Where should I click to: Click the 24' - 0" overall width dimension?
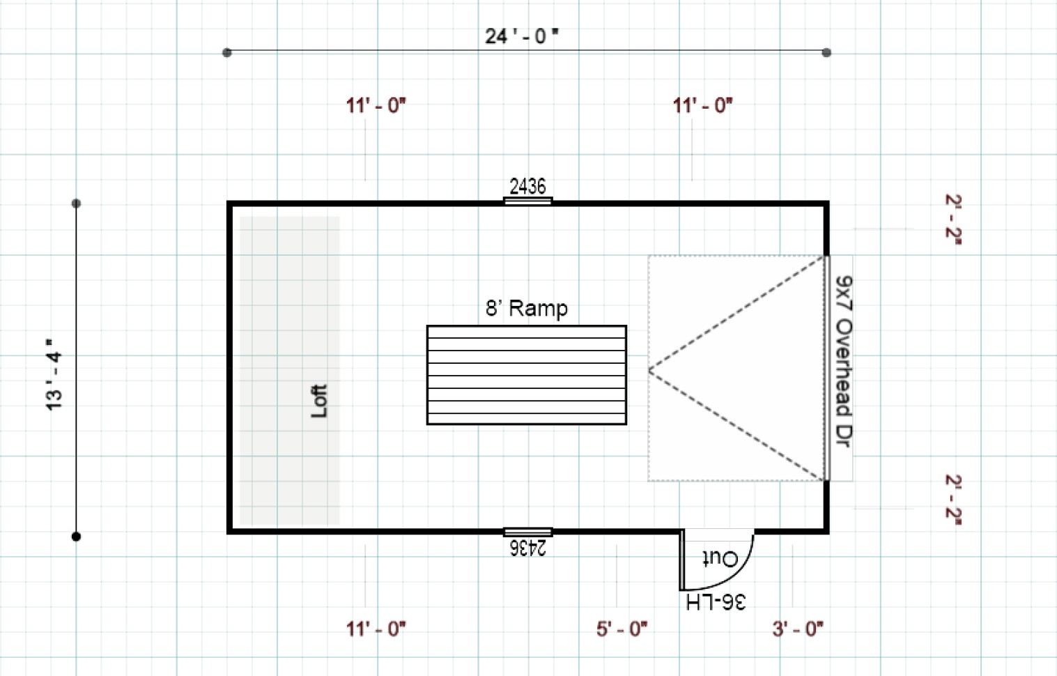pyautogui.click(x=521, y=36)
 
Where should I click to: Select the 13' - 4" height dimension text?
pyautogui.click(x=54, y=375)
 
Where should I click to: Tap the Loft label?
pyautogui.click(x=318, y=401)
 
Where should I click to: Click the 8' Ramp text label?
pyautogui.click(x=526, y=308)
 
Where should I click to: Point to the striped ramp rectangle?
pyautogui.click(x=526, y=375)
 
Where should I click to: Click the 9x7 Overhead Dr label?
pyautogui.click(x=843, y=361)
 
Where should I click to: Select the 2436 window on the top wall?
pyautogui.click(x=527, y=201)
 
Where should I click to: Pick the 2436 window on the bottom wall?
pyautogui.click(x=527, y=532)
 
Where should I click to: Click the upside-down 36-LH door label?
pyautogui.click(x=716, y=602)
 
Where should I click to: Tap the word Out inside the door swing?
pyautogui.click(x=720, y=558)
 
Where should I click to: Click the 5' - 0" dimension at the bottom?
pyautogui.click(x=622, y=629)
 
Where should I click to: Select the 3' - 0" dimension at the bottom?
pyautogui.click(x=798, y=629)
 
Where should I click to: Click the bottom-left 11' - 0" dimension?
pyautogui.click(x=376, y=629)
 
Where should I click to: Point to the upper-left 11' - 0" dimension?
pyautogui.click(x=376, y=106)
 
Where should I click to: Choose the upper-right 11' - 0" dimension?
pyautogui.click(x=702, y=106)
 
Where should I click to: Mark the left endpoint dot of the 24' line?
pyautogui.click(x=227, y=52)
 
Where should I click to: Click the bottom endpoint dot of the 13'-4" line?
pyautogui.click(x=76, y=537)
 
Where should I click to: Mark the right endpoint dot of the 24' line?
pyautogui.click(x=826, y=52)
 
